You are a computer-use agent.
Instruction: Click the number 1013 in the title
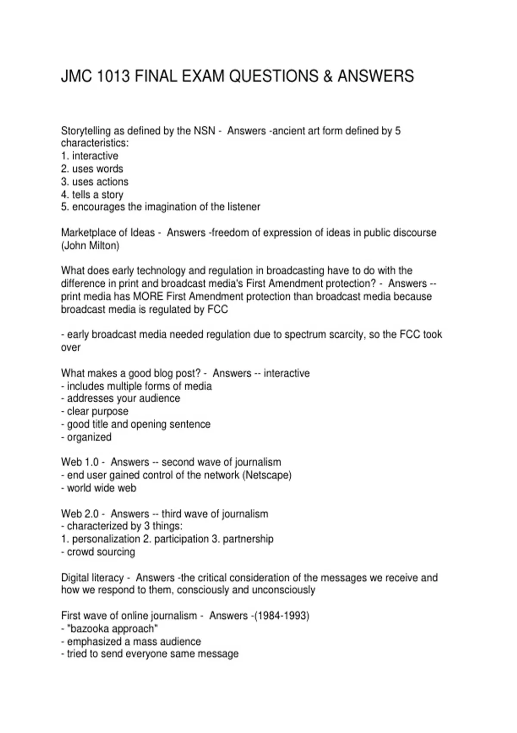click(x=113, y=76)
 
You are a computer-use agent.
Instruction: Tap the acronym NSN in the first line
click(x=204, y=131)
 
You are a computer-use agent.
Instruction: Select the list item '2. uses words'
click(x=92, y=169)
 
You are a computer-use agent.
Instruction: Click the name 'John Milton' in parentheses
click(x=90, y=246)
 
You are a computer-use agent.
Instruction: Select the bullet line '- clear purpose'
click(x=95, y=411)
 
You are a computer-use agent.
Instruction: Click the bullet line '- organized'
click(x=86, y=437)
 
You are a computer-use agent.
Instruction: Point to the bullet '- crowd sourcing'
click(x=98, y=552)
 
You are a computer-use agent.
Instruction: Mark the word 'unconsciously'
click(x=283, y=590)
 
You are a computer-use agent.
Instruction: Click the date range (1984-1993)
click(x=282, y=616)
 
